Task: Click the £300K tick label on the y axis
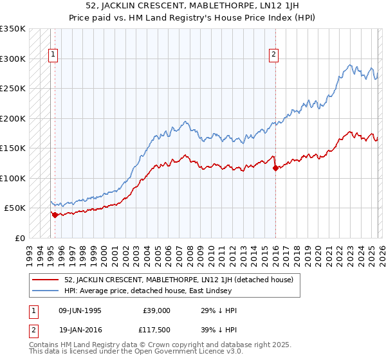click(13, 59)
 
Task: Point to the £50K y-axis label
click(15, 208)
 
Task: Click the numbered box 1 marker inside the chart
click(53, 55)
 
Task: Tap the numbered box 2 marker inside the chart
click(274, 55)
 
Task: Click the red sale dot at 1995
click(55, 215)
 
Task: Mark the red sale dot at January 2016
click(275, 168)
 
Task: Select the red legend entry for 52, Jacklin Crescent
click(179, 280)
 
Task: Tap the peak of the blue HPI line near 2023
click(350, 64)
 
